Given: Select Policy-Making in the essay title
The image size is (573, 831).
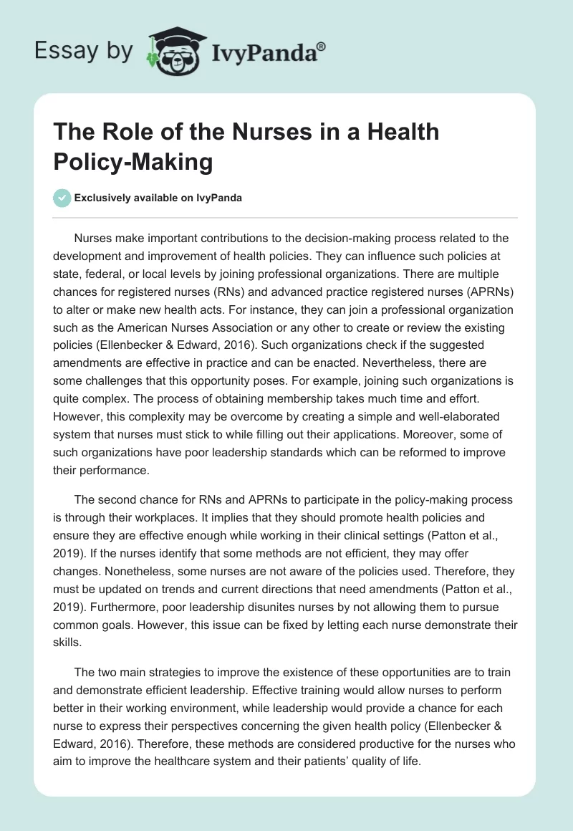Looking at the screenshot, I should tap(133, 162).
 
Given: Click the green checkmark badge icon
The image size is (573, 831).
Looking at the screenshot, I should tap(62, 198).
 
